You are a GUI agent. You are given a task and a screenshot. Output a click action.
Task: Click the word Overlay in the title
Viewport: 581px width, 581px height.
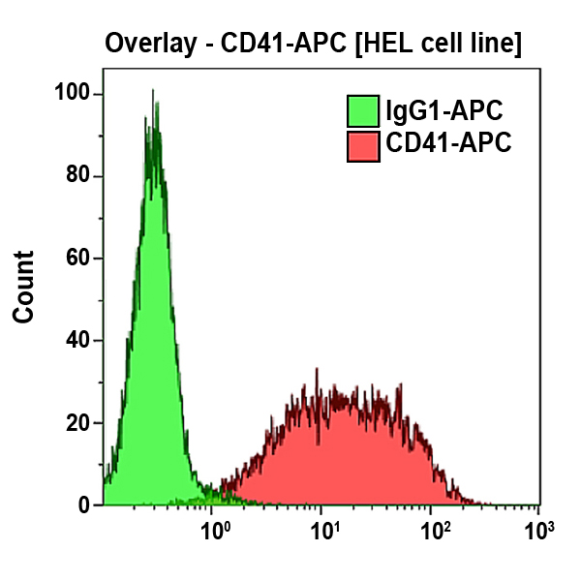(148, 44)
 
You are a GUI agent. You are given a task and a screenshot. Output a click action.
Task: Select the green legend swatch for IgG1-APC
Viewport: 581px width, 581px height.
(363, 112)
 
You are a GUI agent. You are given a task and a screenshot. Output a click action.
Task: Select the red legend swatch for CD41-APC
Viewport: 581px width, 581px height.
(363, 146)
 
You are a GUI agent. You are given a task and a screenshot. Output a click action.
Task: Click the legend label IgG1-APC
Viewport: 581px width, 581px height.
(443, 111)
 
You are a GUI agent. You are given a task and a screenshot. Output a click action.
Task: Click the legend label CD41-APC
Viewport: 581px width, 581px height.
(447, 145)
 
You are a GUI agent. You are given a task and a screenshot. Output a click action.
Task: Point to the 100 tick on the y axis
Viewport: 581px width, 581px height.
(74, 94)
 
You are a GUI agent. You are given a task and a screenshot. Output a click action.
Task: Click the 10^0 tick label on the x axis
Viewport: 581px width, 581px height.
(213, 530)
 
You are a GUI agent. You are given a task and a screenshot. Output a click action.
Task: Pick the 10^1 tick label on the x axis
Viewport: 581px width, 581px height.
(324, 530)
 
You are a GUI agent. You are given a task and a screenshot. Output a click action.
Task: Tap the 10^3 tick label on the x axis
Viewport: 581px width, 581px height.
(538, 530)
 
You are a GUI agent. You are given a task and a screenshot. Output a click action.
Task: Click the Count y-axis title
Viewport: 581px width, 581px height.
(23, 287)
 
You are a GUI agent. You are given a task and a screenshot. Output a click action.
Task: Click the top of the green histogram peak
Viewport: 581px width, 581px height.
(153, 92)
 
